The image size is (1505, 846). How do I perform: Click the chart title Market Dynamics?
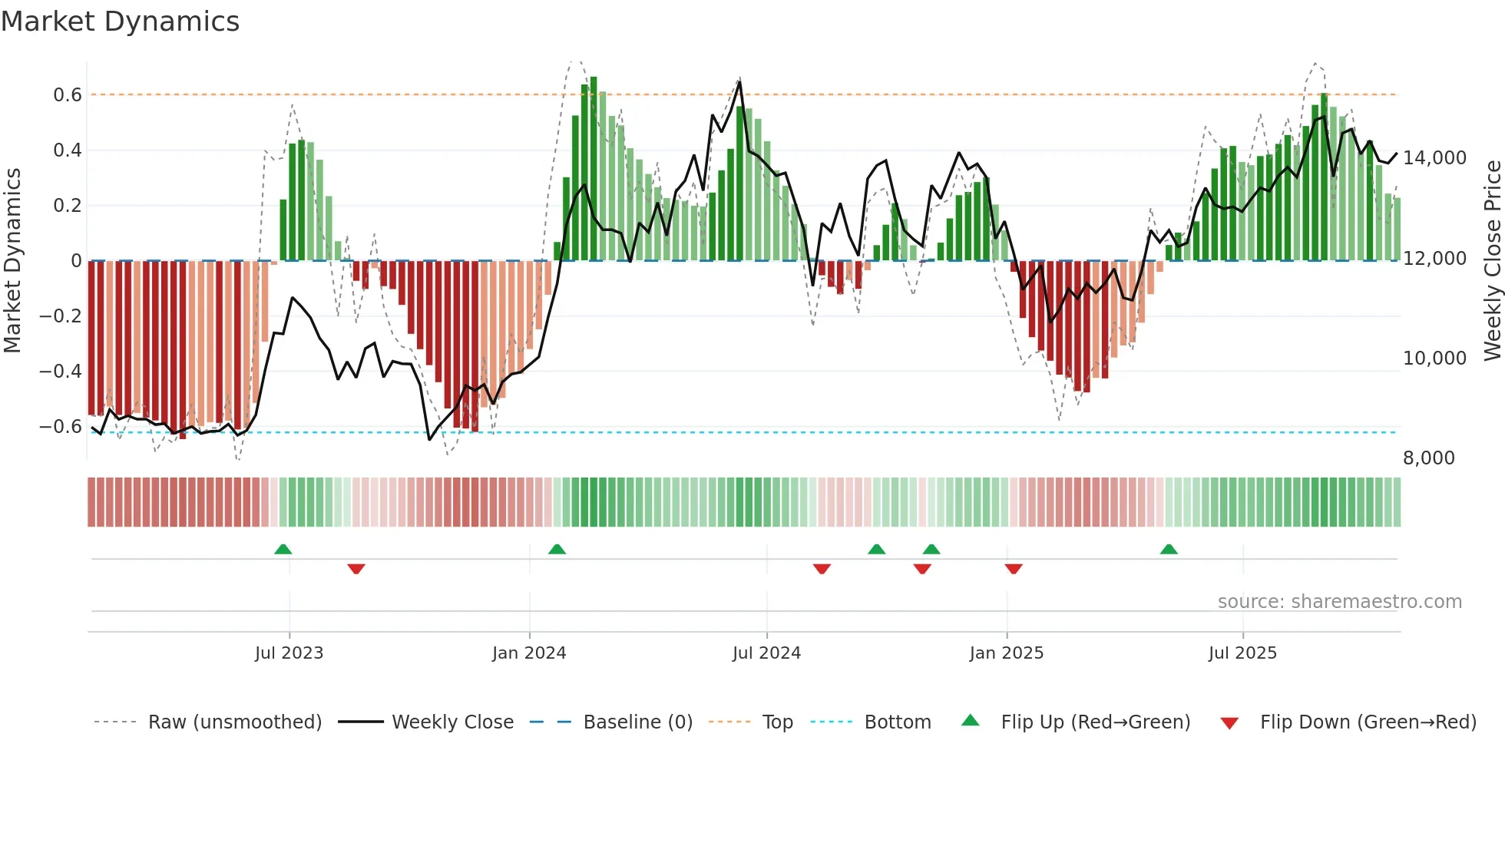(x=120, y=21)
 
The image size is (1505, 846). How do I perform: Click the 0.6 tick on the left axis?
(x=67, y=95)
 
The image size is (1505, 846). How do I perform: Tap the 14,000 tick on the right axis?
(x=1434, y=158)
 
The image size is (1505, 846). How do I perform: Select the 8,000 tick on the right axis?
(x=1428, y=458)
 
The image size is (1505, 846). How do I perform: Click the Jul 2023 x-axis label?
(x=289, y=653)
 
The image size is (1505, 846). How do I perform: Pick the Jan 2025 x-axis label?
(x=1006, y=653)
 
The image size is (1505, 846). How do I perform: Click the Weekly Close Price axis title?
(x=1492, y=261)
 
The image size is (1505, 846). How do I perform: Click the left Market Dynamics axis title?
(x=12, y=261)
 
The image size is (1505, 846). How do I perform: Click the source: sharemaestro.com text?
(x=1339, y=602)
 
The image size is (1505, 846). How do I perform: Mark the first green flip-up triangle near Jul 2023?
(x=283, y=549)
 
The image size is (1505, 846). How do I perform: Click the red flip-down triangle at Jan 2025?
(x=1014, y=569)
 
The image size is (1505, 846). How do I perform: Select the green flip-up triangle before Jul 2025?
(x=1169, y=549)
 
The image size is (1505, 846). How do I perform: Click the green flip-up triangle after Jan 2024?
(x=557, y=549)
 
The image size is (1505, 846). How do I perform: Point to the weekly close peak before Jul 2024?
(x=739, y=81)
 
